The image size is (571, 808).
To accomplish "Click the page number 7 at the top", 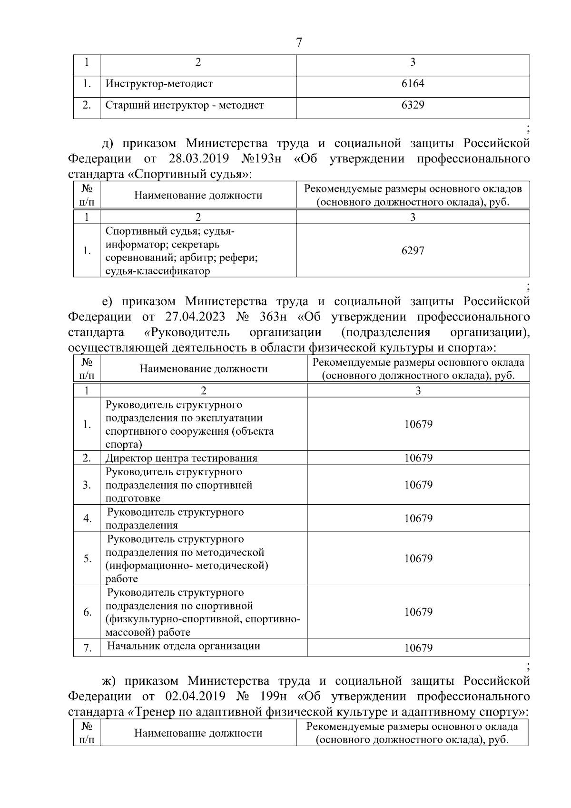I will click(299, 43).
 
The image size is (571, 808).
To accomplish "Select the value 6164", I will click(413, 84).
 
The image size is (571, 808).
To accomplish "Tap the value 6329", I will click(413, 105).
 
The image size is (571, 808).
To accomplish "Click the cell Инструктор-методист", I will click(159, 84).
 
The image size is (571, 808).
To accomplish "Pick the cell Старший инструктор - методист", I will click(185, 105).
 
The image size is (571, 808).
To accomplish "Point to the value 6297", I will click(413, 250).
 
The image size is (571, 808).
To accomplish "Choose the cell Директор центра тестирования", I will click(181, 458).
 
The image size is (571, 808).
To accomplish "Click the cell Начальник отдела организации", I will click(184, 646).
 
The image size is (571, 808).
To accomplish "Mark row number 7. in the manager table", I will click(87, 648).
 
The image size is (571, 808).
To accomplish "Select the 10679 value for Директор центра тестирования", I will click(418, 458).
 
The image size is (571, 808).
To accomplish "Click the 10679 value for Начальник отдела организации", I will click(418, 648).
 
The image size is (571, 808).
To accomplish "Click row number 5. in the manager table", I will click(87, 559).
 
